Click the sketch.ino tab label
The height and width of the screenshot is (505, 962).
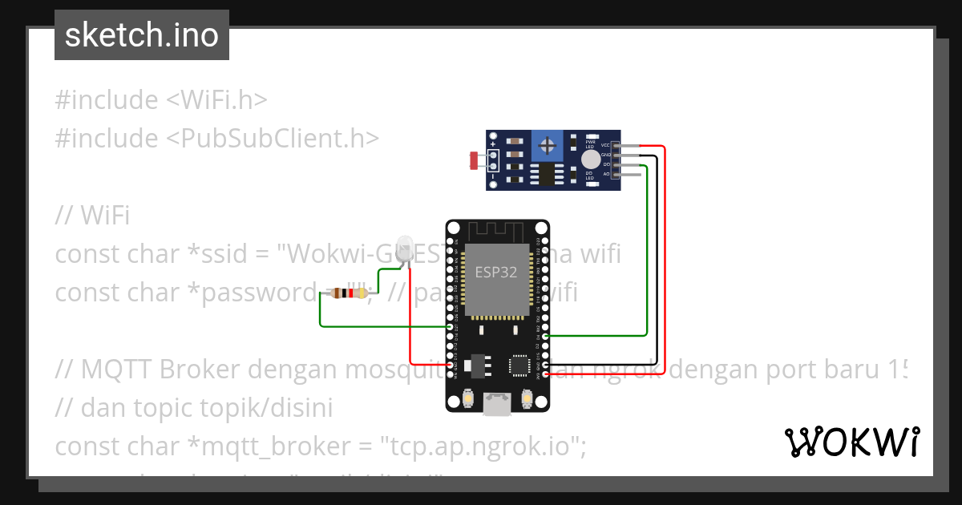[x=141, y=35]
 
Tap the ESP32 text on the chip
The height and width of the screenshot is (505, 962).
[x=496, y=272]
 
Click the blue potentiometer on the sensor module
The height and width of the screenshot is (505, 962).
[x=548, y=146]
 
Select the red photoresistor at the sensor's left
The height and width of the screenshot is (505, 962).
[x=474, y=160]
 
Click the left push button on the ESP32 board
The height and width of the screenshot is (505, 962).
[x=468, y=398]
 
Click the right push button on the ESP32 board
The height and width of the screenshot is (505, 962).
[x=527, y=398]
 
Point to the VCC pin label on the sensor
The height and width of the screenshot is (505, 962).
[x=605, y=145]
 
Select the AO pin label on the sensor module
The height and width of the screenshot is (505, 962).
[x=606, y=173]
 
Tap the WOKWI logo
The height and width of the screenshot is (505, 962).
[x=851, y=442]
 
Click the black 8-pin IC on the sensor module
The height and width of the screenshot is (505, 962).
[x=547, y=174]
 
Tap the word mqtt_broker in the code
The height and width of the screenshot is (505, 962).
[x=284, y=446]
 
